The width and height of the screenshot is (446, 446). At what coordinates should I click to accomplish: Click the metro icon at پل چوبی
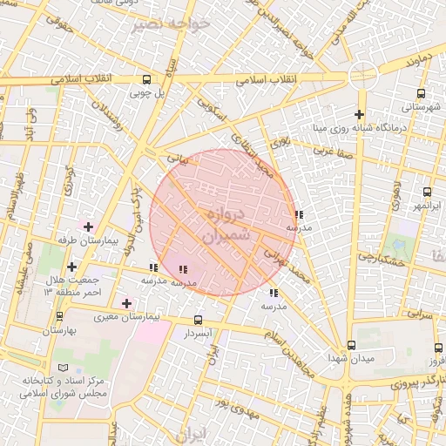146,80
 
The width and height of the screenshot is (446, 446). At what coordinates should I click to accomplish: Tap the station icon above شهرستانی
422,94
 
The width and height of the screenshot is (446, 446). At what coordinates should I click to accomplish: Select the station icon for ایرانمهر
427,192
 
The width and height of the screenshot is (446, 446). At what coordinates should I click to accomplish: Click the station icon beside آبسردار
199,320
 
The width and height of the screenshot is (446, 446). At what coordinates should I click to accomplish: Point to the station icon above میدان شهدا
351,345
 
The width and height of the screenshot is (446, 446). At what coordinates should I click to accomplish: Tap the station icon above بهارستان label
59,318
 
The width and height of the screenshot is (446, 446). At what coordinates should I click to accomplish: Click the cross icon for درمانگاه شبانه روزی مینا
359,114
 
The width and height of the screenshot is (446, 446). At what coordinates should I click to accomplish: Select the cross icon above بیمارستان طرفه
87,226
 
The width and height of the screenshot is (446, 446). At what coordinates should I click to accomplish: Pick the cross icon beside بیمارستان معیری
127,303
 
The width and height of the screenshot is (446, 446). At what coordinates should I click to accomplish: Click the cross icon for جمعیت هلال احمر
71,266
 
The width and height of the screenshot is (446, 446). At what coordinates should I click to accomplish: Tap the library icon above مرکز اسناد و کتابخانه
60,368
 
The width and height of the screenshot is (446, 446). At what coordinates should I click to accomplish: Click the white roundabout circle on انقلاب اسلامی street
360,76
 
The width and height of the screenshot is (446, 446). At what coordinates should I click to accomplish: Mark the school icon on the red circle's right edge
299,213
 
